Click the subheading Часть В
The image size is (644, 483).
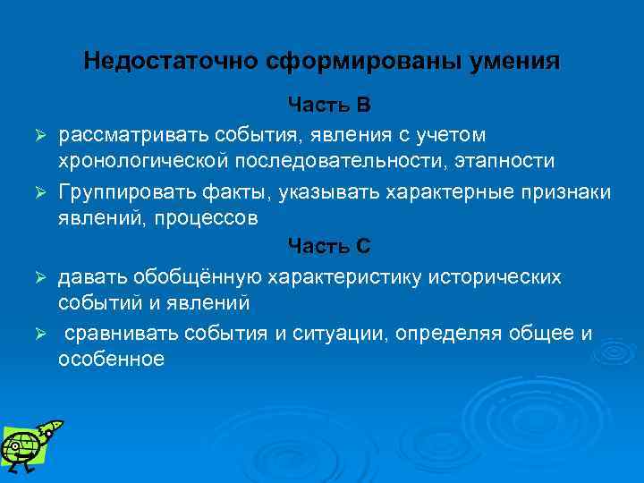pyautogui.click(x=328, y=106)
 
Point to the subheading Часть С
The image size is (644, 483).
pyautogui.click(x=328, y=245)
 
